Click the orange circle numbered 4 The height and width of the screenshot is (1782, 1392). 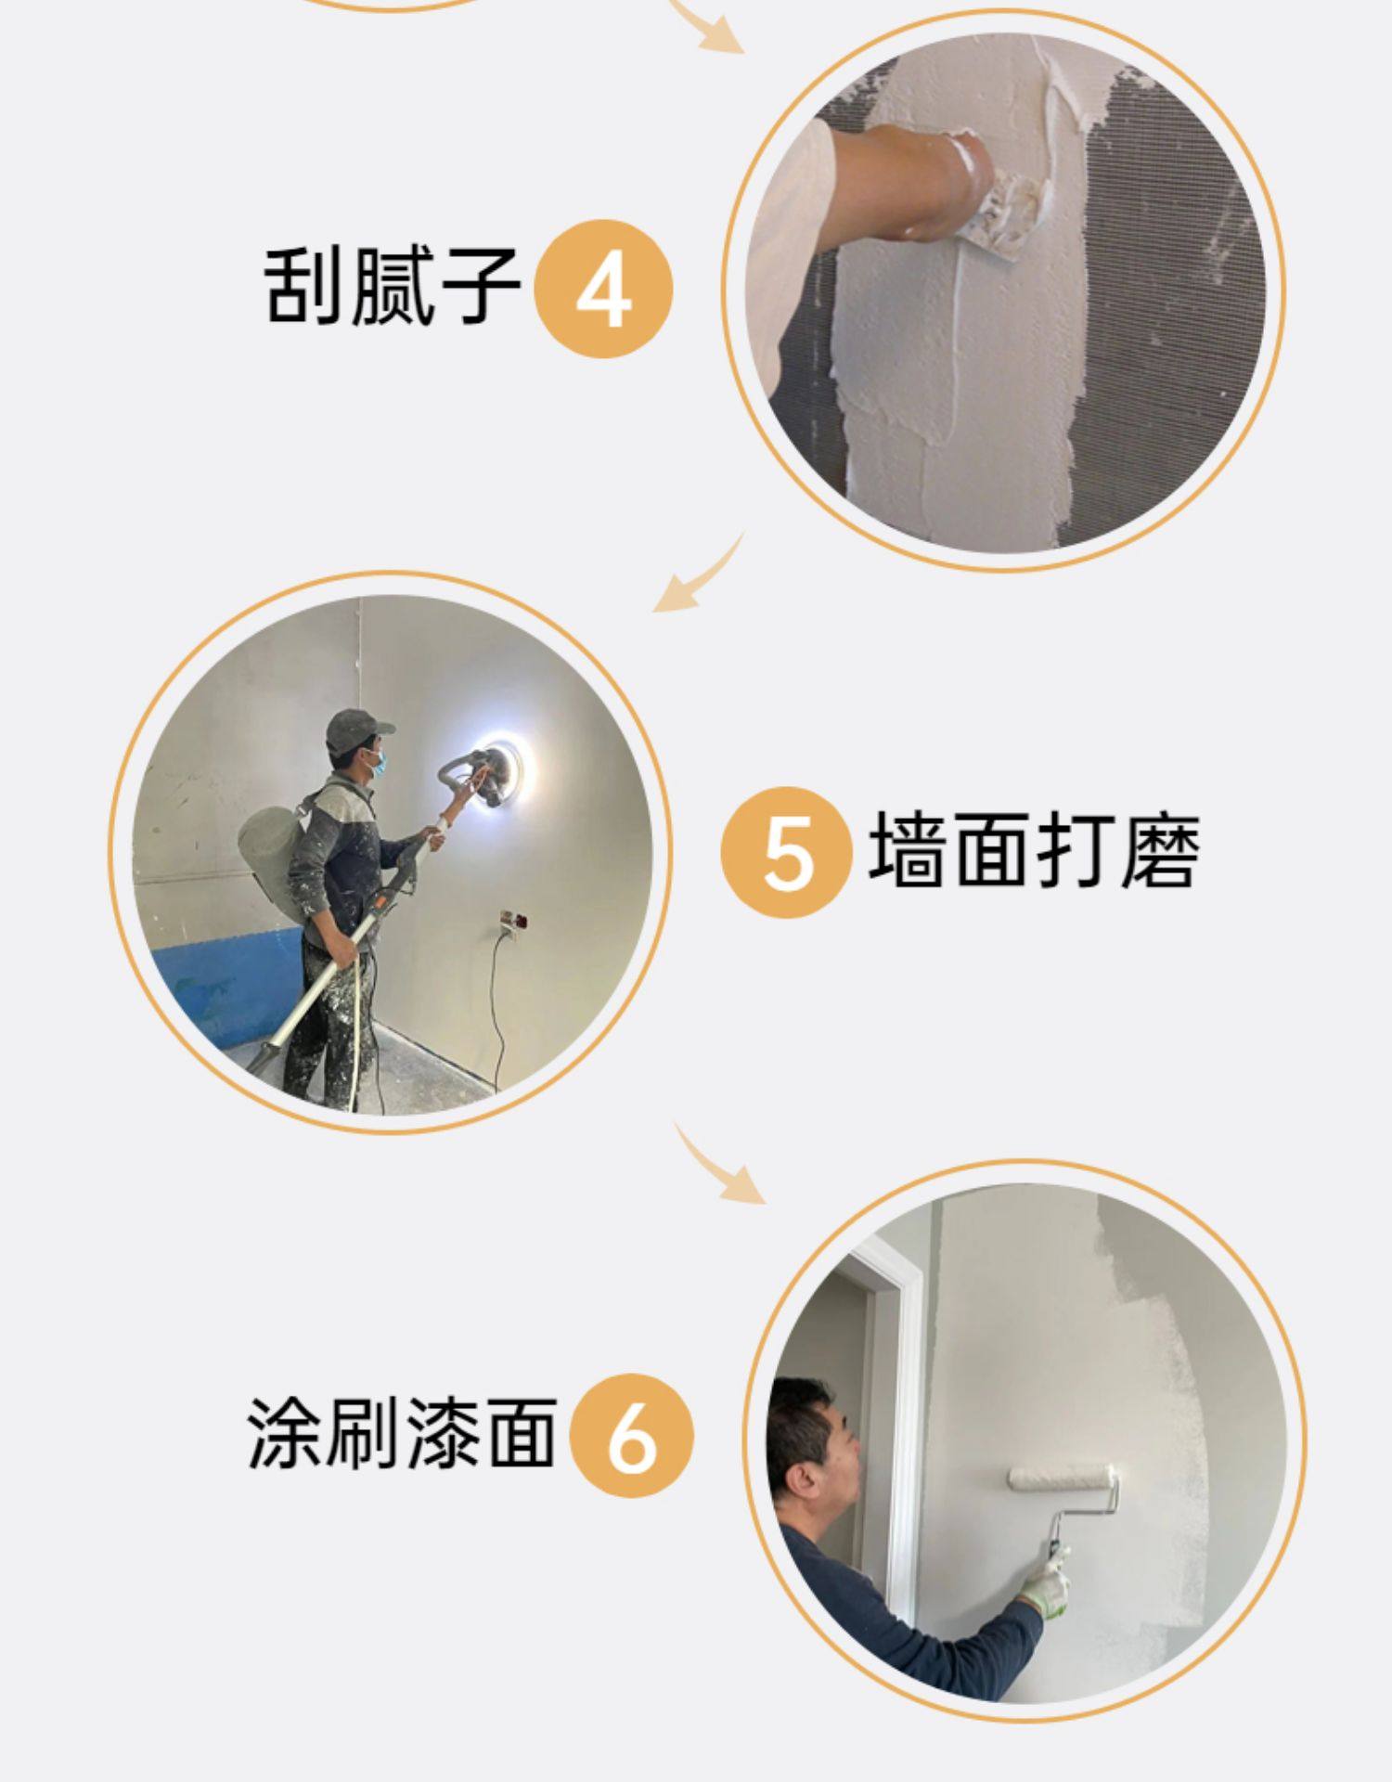point(604,288)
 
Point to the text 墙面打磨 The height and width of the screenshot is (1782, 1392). point(1034,849)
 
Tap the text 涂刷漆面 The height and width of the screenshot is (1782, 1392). point(402,1434)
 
